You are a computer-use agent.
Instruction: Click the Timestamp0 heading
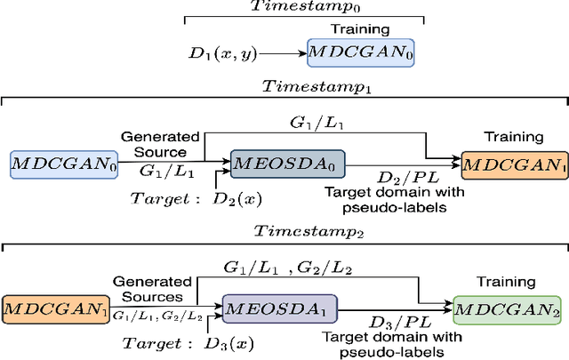tap(305, 6)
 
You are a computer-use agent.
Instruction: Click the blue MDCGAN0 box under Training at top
tap(361, 53)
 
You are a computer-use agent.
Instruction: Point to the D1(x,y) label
tap(226, 53)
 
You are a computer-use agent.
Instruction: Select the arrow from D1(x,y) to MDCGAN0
tap(282, 53)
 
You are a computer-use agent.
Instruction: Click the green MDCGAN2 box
tap(506, 308)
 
